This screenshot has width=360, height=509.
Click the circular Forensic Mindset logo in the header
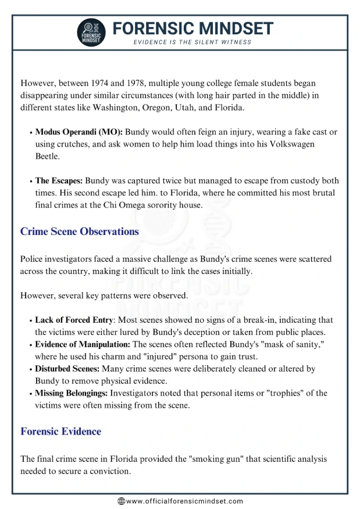[x=91, y=32]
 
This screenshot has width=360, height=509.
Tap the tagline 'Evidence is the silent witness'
[x=193, y=42]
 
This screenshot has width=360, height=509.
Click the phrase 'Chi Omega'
[x=153, y=205]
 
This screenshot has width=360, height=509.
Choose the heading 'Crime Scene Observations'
[x=80, y=232]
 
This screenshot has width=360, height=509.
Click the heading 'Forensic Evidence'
[x=60, y=432]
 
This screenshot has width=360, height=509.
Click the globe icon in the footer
[x=121, y=501]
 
